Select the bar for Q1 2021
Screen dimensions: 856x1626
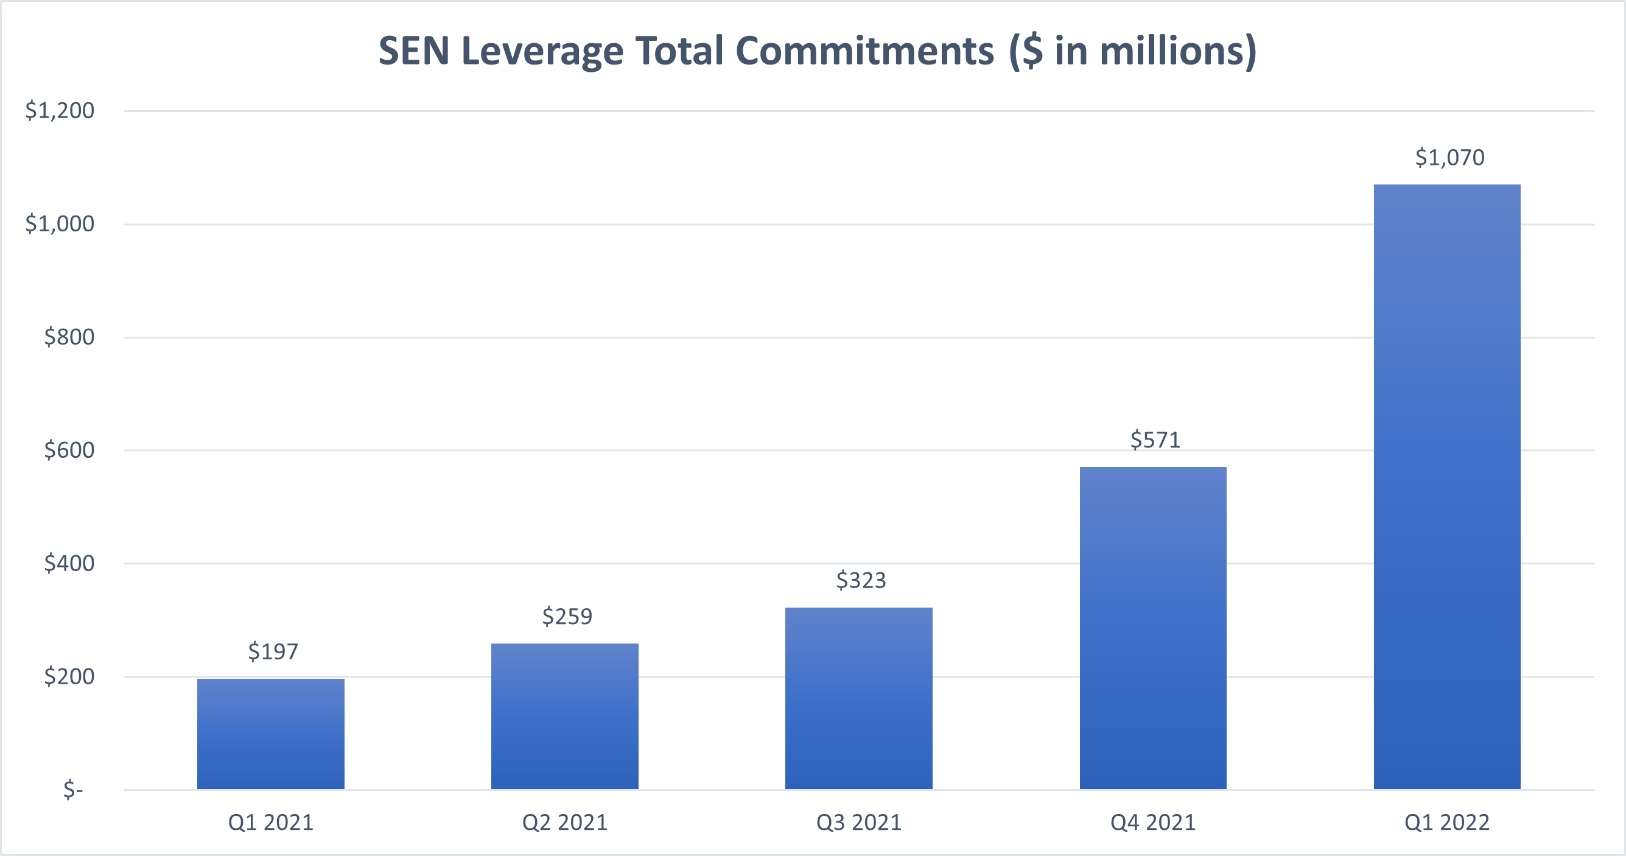point(270,734)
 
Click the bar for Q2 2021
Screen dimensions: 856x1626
point(564,716)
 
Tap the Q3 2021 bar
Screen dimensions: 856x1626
point(858,698)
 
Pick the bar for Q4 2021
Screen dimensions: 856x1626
point(1152,628)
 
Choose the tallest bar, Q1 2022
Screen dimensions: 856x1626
point(1447,486)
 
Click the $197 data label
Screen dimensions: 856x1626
point(273,651)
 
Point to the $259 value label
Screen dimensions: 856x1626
point(567,616)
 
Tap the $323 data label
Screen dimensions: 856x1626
point(861,580)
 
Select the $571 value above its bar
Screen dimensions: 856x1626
point(1154,440)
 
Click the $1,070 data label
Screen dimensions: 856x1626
point(1449,157)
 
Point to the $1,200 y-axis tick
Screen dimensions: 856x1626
point(59,110)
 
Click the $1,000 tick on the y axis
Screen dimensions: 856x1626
point(59,223)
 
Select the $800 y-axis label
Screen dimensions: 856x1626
point(69,337)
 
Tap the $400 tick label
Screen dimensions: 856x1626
point(69,563)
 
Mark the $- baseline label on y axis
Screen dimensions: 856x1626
point(72,789)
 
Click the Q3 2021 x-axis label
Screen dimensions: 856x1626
point(858,823)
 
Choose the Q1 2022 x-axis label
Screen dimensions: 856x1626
point(1447,823)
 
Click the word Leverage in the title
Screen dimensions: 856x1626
point(542,52)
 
